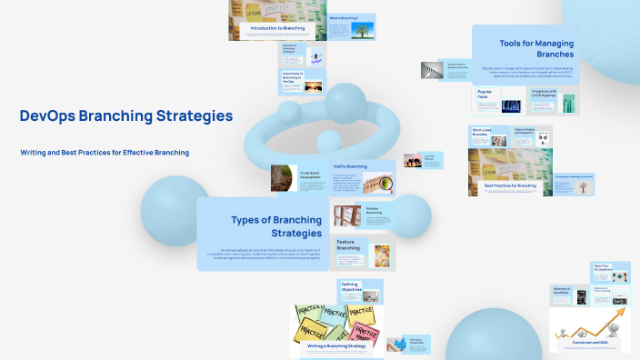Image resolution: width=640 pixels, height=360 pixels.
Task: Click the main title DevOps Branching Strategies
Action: point(126,116)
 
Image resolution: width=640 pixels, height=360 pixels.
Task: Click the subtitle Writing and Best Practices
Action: point(105,153)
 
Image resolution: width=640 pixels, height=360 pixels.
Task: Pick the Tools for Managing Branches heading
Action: point(542,48)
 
